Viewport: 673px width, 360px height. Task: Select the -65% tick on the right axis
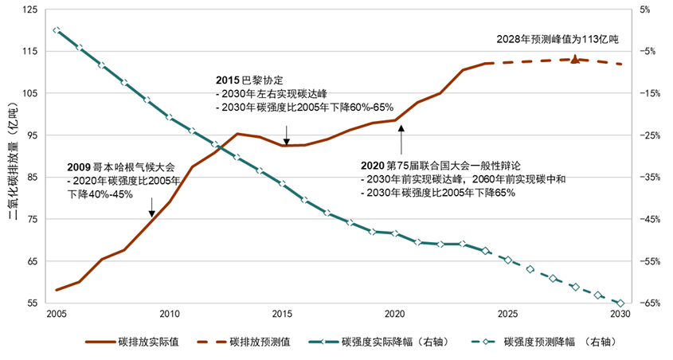pyautogui.click(x=648, y=303)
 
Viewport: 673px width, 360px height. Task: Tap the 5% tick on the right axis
pyautogui.click(x=645, y=10)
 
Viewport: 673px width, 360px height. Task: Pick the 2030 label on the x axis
pyautogui.click(x=620, y=315)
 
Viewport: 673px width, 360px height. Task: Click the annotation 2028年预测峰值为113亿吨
pyautogui.click(x=557, y=38)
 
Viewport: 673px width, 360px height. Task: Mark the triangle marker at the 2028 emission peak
pyautogui.click(x=575, y=59)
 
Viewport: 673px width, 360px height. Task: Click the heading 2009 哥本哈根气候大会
pyautogui.click(x=120, y=169)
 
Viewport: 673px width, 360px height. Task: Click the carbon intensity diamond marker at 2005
pyautogui.click(x=56, y=30)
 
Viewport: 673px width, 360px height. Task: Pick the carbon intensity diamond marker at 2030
pyautogui.click(x=620, y=303)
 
